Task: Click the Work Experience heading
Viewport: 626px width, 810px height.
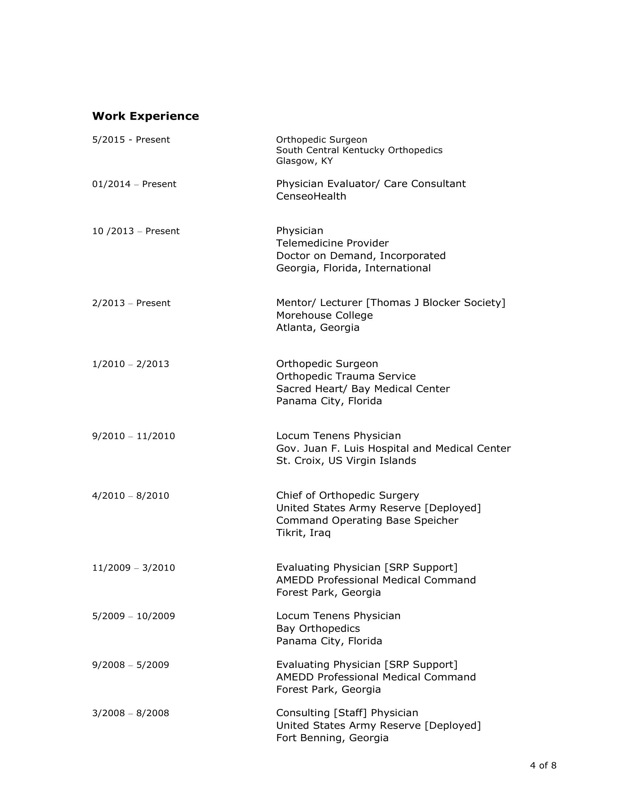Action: [x=145, y=116]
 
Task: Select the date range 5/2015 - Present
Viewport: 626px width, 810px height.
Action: [x=131, y=140]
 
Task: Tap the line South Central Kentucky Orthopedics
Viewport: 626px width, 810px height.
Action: [x=359, y=150]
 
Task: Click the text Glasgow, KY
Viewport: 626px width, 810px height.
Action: [x=304, y=161]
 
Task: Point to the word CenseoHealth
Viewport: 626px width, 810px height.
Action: [x=311, y=196]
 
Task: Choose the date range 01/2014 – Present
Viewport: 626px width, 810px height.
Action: [x=134, y=184]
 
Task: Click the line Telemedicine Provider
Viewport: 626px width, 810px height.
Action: [x=332, y=243]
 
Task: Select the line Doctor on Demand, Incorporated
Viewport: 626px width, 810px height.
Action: [x=361, y=256]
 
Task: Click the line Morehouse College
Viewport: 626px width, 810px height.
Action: [x=324, y=316]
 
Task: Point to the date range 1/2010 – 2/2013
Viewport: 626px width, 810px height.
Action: [x=131, y=364]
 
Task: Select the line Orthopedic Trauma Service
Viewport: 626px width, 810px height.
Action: [x=346, y=376]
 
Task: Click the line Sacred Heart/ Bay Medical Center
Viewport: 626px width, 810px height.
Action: [x=363, y=389]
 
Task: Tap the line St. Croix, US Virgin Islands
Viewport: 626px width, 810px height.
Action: [x=346, y=461]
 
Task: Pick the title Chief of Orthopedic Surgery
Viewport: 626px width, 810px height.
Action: [x=347, y=496]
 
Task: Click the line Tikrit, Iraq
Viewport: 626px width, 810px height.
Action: [x=303, y=533]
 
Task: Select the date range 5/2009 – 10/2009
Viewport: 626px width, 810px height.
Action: [x=134, y=616]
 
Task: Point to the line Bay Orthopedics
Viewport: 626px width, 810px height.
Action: [x=318, y=628]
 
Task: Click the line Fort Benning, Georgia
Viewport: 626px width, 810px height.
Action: [x=332, y=738]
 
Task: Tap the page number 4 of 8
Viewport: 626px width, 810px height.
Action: [x=543, y=766]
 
